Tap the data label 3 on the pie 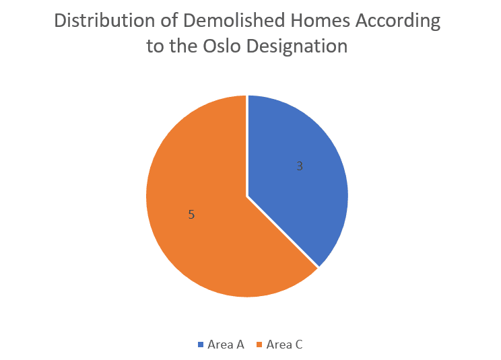(300, 166)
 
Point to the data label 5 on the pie (191, 215)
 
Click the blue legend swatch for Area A (201, 345)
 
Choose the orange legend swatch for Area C (259, 345)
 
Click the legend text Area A (226, 345)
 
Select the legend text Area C (284, 345)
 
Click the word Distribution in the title (104, 21)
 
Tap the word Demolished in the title (234, 21)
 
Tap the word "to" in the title (155, 46)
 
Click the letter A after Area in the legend (240, 345)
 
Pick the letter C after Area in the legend (298, 345)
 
